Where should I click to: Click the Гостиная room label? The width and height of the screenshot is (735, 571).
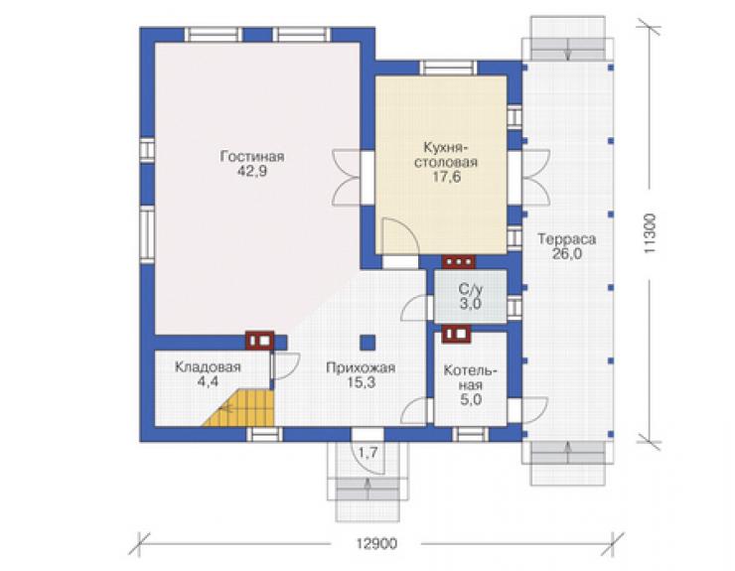coord(252,156)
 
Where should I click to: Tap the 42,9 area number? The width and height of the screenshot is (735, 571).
coord(252,171)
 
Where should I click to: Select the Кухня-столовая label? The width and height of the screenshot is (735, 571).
coord(446,154)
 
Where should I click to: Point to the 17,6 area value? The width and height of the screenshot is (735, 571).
coord(446,177)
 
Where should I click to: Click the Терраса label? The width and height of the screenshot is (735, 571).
coord(566,239)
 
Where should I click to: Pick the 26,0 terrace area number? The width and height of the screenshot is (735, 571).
coord(567,254)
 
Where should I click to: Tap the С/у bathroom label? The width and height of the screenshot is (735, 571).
coord(470,289)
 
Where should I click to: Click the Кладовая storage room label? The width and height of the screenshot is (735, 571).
coord(208,367)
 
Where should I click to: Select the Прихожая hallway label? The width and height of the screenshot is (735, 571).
coord(361,367)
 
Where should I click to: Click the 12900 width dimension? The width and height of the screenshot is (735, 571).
coord(376,544)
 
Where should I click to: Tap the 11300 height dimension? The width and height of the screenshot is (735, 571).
coord(651,234)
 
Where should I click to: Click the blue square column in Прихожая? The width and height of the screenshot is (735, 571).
coord(367,343)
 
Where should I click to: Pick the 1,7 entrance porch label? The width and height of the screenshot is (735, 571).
coord(367,453)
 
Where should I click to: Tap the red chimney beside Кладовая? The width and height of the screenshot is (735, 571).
coord(260,341)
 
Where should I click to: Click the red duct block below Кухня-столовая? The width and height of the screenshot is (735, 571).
coord(459,262)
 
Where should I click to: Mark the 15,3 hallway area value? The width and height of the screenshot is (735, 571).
coord(361,382)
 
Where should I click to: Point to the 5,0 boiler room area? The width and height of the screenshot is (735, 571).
coord(471,400)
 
